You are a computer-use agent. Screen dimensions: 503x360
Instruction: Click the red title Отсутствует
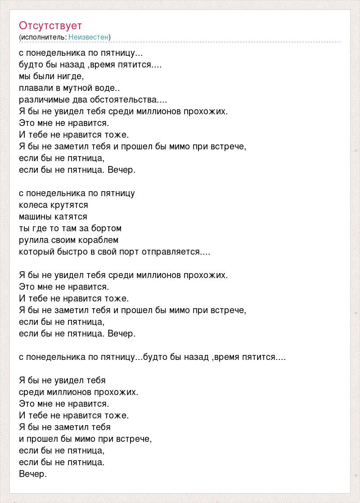point(50,26)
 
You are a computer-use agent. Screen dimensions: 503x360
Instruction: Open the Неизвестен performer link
point(88,37)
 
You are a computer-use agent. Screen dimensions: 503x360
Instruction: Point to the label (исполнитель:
point(43,37)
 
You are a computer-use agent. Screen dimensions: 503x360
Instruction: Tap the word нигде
point(72,76)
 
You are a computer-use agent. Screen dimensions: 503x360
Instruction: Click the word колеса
point(33,205)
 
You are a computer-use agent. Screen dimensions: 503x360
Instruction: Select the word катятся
point(71,216)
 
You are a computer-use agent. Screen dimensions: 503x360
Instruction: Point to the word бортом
point(108,228)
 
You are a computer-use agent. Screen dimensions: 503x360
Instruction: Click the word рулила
point(33,240)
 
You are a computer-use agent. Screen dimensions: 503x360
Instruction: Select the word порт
point(129,251)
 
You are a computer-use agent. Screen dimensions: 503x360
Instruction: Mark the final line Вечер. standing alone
point(33,474)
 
